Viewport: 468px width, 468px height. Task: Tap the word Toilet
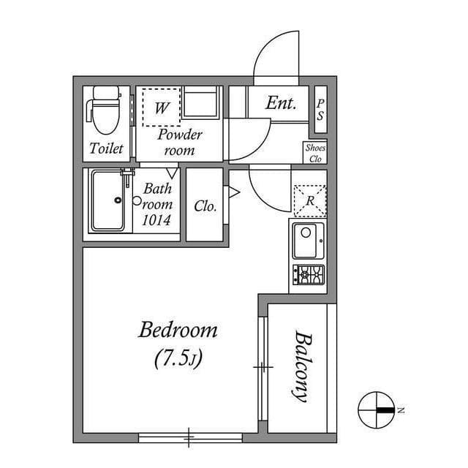pos(107,148)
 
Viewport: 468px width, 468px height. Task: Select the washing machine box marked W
pos(161,107)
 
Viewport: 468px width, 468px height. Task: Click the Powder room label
pos(180,142)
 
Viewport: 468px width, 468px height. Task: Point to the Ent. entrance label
pos(281,104)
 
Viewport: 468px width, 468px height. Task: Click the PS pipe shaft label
pos(320,110)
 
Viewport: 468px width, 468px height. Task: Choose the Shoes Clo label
pos(315,153)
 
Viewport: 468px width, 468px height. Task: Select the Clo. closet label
pos(205,206)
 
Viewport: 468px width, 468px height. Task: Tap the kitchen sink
pos(308,241)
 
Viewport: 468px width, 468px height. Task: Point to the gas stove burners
pos(309,275)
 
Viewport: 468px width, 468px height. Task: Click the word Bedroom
pos(178,331)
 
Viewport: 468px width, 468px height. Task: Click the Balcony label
pos(301,366)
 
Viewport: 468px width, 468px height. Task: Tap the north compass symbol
pos(377,409)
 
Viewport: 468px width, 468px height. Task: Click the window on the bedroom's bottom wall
pos(190,437)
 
